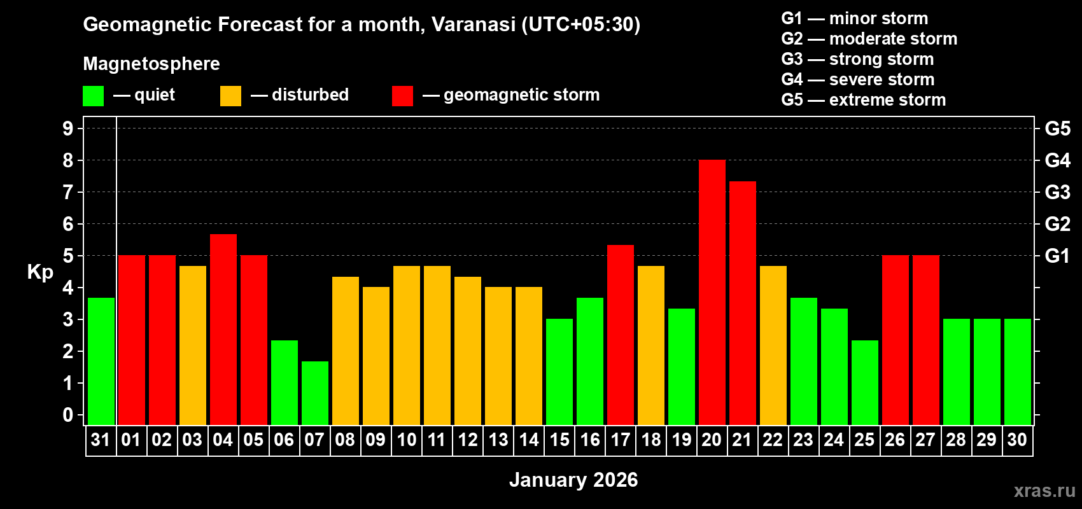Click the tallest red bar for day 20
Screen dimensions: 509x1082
point(712,293)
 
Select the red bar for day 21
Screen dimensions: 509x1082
point(742,303)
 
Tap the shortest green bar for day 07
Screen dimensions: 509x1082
point(314,393)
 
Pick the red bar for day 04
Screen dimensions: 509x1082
point(223,329)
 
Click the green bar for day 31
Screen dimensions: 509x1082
point(101,361)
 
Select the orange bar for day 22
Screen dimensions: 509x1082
point(773,345)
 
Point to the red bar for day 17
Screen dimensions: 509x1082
point(620,335)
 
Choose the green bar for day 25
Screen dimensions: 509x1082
point(864,382)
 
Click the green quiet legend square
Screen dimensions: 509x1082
point(93,96)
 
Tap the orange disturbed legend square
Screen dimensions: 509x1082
point(230,96)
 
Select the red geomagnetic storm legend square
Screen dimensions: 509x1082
point(402,96)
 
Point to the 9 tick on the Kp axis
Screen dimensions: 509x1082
point(68,129)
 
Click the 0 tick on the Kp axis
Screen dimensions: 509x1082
point(68,415)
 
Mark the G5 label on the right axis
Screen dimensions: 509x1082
point(1057,129)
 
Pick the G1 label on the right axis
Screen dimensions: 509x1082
point(1057,256)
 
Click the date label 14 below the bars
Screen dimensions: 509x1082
point(528,440)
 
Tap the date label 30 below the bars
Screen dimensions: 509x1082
point(1017,440)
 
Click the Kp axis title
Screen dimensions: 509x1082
point(40,272)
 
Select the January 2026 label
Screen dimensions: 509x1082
point(573,480)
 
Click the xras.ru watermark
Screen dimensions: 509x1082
point(1044,491)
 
